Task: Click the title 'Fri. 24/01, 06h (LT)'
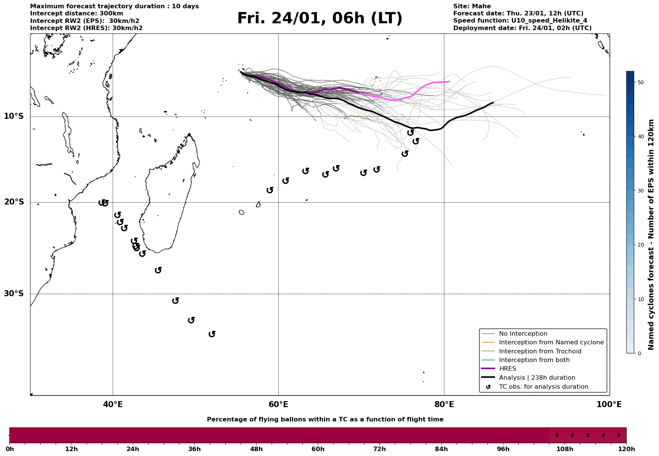(320, 19)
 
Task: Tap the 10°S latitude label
(14, 116)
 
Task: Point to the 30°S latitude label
(14, 294)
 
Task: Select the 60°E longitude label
(278, 405)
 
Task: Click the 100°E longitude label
(609, 405)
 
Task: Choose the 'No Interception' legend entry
(523, 334)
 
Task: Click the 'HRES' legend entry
(507, 369)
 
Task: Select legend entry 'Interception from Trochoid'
(540, 351)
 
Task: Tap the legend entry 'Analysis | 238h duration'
(537, 378)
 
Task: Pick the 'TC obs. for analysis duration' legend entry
(544, 387)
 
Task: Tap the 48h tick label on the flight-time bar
(256, 449)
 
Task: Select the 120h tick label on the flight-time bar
(626, 449)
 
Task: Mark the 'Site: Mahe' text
(472, 6)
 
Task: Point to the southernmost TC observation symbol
(212, 334)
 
